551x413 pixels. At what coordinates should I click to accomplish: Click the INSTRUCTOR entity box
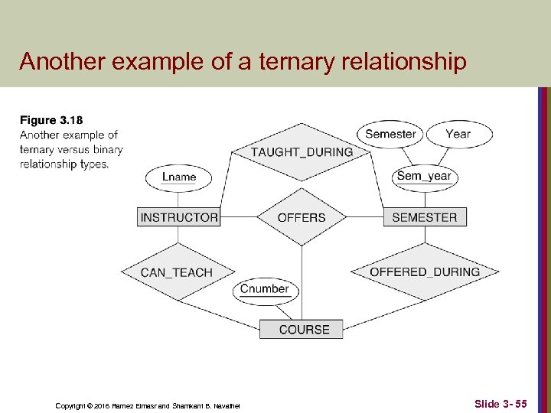[179, 217]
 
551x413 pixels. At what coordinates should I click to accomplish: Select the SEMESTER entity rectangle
[424, 217]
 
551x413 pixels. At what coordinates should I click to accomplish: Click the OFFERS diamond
[302, 217]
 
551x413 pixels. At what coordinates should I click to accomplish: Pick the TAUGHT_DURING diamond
[302, 151]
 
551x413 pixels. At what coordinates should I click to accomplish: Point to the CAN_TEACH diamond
[177, 272]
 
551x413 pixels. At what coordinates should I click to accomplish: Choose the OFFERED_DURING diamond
[425, 272]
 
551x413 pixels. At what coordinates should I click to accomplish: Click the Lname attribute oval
[179, 177]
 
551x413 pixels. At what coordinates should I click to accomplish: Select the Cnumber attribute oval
[264, 289]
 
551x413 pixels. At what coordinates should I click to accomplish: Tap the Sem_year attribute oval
[424, 176]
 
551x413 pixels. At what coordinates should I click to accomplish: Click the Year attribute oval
[458, 134]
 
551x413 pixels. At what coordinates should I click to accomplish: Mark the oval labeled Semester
[390, 134]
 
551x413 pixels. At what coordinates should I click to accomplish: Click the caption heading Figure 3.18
[51, 120]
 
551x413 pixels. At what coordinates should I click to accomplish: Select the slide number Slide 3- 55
[500, 403]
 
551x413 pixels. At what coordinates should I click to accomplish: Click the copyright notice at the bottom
[148, 405]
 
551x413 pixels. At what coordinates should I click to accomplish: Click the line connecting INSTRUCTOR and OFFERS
[238, 217]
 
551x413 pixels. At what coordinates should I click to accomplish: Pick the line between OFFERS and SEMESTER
[365, 217]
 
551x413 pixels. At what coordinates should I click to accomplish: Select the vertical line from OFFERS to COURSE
[302, 283]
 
